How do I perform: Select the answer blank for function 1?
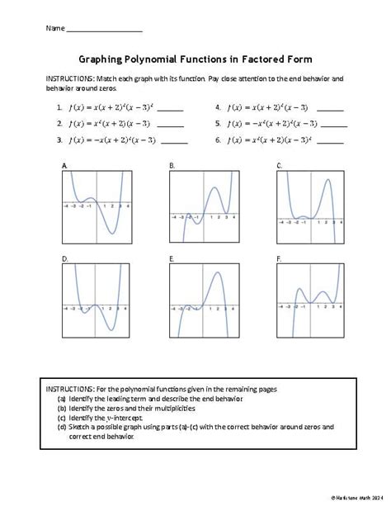(169, 109)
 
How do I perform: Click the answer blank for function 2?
(169, 125)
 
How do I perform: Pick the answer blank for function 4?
(330, 109)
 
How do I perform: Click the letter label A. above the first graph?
(64, 166)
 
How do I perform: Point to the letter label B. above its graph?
(172, 166)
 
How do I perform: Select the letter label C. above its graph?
(280, 166)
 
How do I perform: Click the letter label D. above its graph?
(64, 259)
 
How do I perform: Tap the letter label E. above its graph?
(172, 259)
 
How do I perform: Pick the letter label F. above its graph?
(280, 259)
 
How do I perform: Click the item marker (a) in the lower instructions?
(62, 398)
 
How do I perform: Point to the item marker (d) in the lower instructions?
(62, 427)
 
